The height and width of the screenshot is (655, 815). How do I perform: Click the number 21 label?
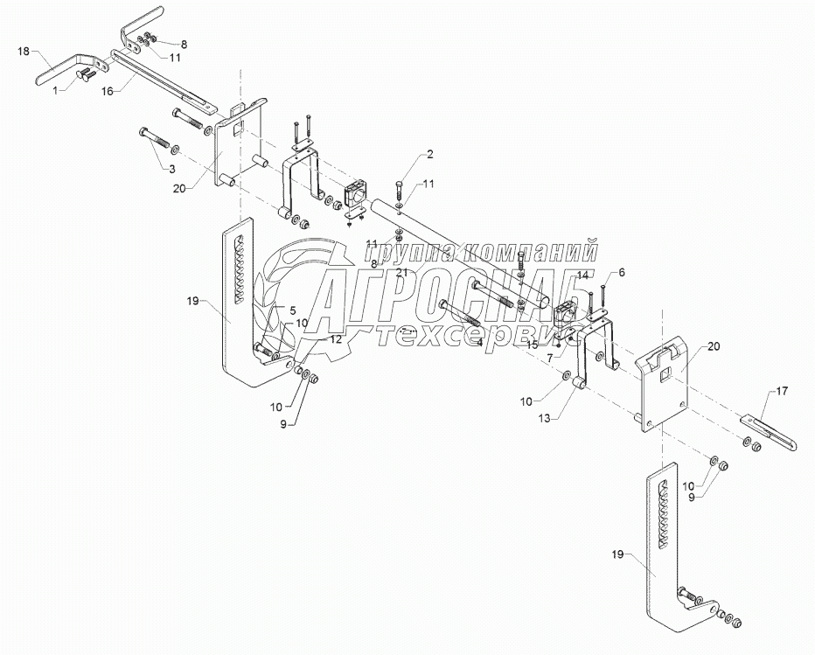[402, 274]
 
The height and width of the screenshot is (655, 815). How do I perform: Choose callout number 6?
[623, 273]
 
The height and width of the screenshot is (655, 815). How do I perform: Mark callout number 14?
[582, 275]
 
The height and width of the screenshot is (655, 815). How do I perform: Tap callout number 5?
[293, 310]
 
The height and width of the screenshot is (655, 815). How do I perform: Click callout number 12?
[337, 337]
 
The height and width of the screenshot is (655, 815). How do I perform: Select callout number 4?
[480, 342]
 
